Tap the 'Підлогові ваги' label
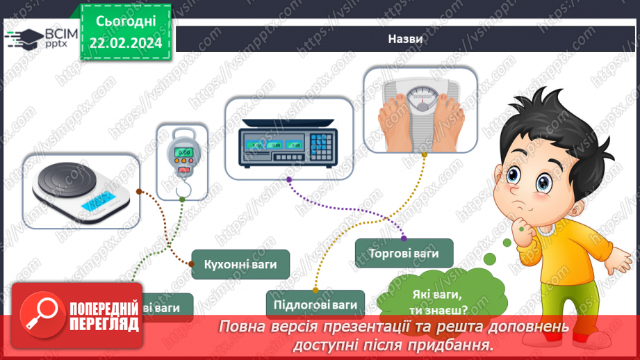pos(315,304)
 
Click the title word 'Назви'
pos(405,40)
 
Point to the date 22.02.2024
pos(125,43)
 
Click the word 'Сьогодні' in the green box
pos(125,21)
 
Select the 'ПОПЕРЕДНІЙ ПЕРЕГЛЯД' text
pos(104,316)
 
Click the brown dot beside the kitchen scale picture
pos(139,190)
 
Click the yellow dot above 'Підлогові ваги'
pos(315,288)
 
